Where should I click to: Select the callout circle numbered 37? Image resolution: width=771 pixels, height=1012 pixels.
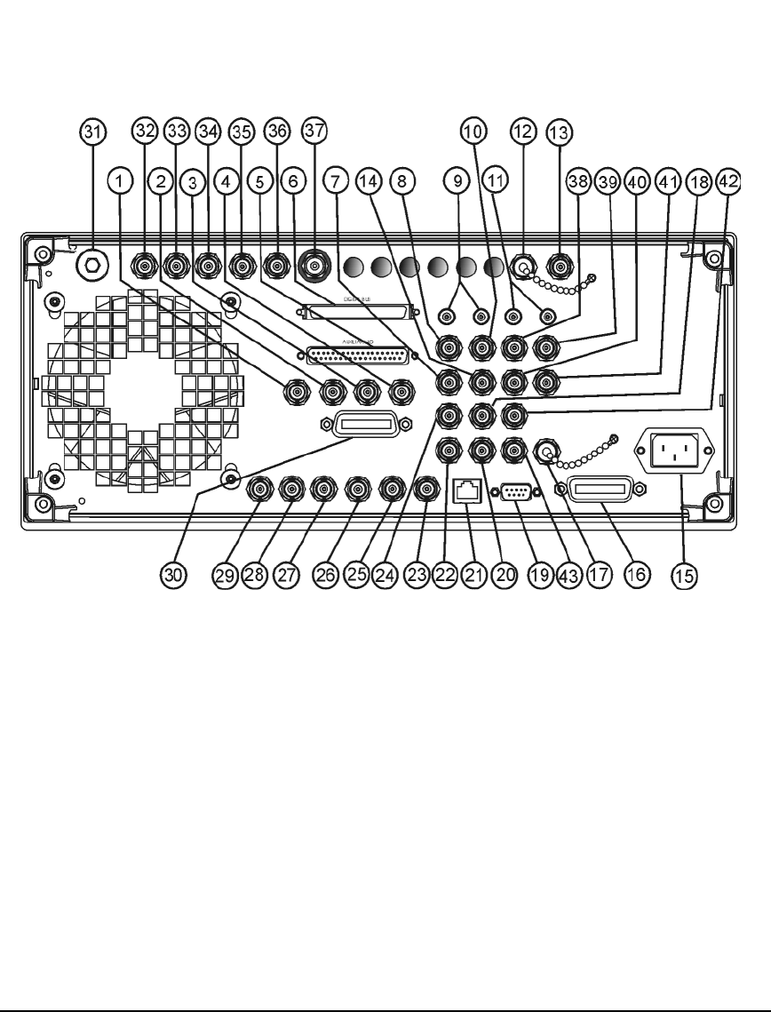click(312, 131)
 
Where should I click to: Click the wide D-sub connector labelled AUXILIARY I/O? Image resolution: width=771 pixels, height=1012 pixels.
click(360, 356)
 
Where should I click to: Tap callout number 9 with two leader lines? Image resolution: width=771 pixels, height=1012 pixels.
click(458, 181)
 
